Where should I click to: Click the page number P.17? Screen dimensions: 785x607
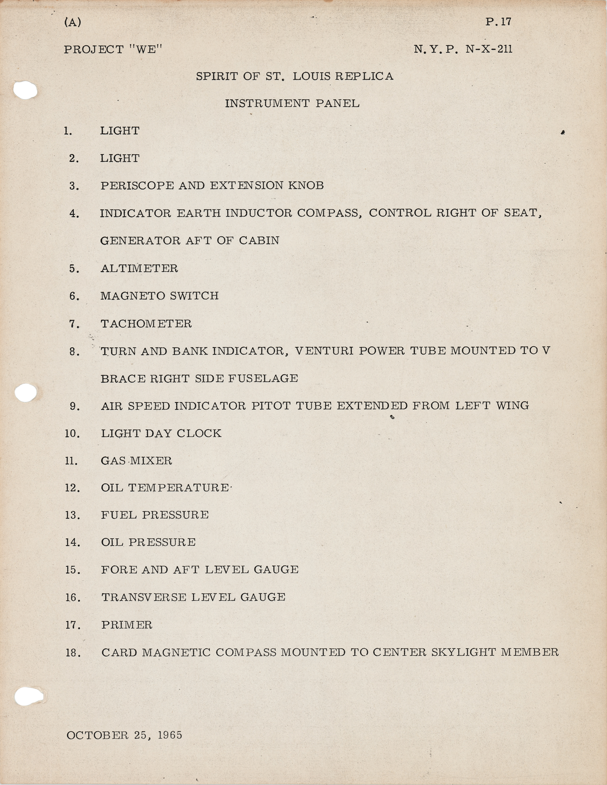pos(498,22)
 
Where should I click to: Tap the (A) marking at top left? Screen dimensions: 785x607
pos(73,22)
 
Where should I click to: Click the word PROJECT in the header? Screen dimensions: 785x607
pos(94,49)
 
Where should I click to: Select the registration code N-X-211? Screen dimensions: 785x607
pos(489,49)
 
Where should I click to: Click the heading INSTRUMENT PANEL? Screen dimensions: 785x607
pos(292,104)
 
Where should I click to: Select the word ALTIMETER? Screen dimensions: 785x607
pos(139,268)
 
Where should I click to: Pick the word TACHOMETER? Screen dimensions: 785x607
pos(146,324)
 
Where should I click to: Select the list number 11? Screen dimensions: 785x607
pos(71,461)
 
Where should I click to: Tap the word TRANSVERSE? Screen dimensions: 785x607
pos(144,597)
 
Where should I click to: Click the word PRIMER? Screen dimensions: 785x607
pos(127,625)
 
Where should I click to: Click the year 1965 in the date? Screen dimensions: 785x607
pos(170,735)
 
